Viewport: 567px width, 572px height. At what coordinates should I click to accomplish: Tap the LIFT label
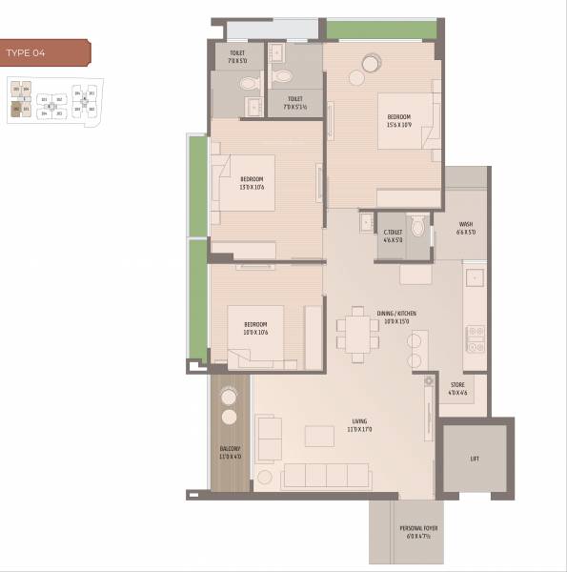[475, 459]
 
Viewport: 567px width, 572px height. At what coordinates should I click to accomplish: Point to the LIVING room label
[358, 424]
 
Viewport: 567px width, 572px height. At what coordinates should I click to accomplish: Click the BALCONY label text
[229, 452]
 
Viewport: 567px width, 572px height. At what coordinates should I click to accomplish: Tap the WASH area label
[465, 228]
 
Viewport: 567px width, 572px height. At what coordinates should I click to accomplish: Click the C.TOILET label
[394, 235]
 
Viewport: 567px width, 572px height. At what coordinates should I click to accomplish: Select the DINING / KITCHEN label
[396, 317]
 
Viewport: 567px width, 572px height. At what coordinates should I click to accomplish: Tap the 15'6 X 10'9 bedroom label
[398, 121]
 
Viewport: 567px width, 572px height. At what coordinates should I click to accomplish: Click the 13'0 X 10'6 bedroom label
[252, 183]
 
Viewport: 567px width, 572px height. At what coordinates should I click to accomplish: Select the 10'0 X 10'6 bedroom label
[254, 329]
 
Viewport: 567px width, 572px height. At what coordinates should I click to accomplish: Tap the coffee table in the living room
[319, 436]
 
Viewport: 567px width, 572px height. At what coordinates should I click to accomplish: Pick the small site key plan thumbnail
[52, 103]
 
